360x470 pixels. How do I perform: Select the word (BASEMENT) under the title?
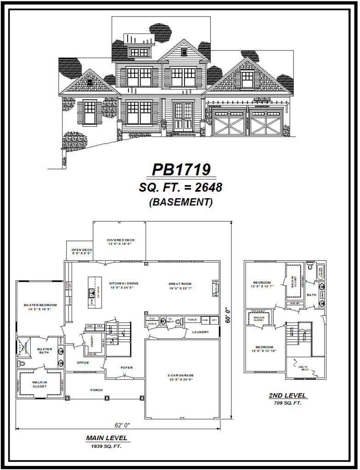click(181, 202)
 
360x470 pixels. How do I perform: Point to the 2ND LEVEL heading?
click(288, 395)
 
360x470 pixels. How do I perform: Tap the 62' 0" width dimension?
click(118, 425)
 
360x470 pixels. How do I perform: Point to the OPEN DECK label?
click(82, 250)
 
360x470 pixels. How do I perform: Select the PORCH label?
click(96, 390)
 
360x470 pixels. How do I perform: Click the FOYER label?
click(126, 367)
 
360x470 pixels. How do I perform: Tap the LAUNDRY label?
click(201, 332)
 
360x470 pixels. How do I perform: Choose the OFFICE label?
click(83, 363)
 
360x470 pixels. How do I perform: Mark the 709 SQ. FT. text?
click(288, 403)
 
